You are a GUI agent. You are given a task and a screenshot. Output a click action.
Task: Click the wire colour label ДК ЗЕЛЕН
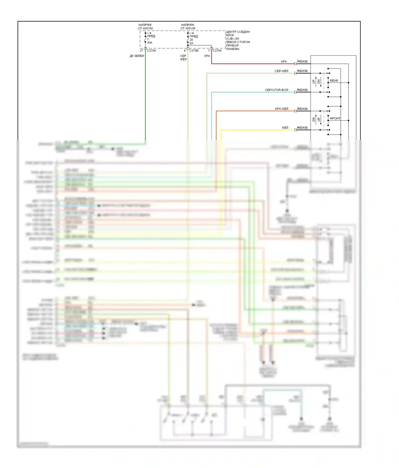click(137, 56)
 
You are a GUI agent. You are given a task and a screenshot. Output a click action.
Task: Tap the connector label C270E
click(194, 51)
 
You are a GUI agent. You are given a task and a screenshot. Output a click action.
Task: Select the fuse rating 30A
click(150, 43)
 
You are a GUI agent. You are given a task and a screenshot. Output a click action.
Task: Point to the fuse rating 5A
click(192, 43)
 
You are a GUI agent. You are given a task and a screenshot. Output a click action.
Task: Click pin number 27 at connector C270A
click(142, 51)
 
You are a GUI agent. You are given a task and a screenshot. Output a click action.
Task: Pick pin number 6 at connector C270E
click(185, 51)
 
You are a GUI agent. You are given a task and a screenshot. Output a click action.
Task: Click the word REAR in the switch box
click(334, 81)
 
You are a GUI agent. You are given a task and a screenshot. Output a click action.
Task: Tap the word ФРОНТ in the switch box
click(335, 118)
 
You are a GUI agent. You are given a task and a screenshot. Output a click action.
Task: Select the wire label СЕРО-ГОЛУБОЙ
click(276, 90)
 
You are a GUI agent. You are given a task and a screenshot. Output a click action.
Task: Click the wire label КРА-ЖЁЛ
click(281, 109)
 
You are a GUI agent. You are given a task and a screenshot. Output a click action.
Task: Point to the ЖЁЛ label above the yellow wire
click(285, 128)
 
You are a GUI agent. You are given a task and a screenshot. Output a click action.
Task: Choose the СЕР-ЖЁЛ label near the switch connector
click(281, 71)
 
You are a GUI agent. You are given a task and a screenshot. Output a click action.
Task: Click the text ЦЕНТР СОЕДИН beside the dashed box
click(238, 32)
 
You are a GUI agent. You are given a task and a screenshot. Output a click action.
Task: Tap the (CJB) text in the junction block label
click(230, 39)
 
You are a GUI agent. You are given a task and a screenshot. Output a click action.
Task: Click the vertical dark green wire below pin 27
click(146, 96)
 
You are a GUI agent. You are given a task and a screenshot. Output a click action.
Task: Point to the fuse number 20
click(191, 40)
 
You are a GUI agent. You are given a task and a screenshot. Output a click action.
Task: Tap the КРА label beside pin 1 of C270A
click(207, 56)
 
